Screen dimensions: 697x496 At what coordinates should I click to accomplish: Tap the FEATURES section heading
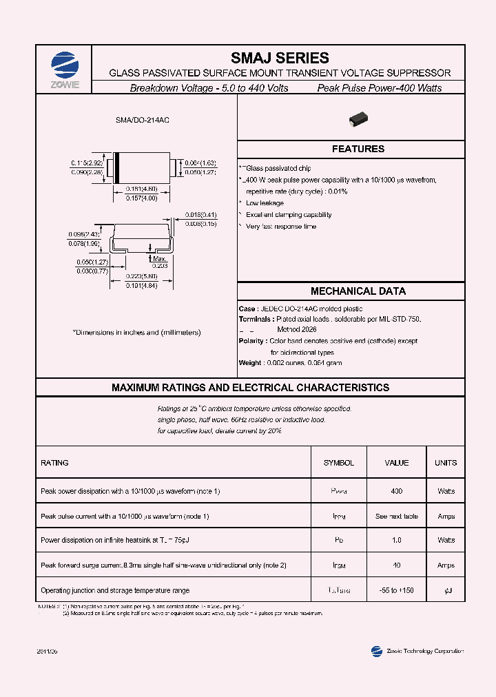tap(358, 149)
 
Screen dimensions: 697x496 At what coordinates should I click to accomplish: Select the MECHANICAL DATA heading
tap(358, 291)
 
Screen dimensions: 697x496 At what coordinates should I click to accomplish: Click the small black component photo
tap(358, 118)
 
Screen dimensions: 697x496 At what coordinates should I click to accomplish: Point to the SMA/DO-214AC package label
tap(143, 120)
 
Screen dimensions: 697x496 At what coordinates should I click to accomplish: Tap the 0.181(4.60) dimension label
tap(141, 189)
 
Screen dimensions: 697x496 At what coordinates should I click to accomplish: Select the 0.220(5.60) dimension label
tap(141, 276)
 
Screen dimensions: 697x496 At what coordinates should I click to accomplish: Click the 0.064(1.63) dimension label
tap(200, 163)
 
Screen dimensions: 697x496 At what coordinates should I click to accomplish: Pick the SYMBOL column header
tap(338, 463)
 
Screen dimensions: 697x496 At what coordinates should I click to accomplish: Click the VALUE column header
tap(396, 463)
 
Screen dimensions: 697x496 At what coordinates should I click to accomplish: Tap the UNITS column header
tap(445, 463)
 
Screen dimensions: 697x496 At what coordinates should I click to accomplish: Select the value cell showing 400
tap(396, 492)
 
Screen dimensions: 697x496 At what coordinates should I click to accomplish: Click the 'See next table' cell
tap(396, 517)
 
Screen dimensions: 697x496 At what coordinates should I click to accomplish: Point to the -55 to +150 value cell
tap(396, 591)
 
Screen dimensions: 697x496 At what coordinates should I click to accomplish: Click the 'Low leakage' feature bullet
tap(265, 203)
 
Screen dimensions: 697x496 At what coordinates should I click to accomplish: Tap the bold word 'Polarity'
tap(252, 341)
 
